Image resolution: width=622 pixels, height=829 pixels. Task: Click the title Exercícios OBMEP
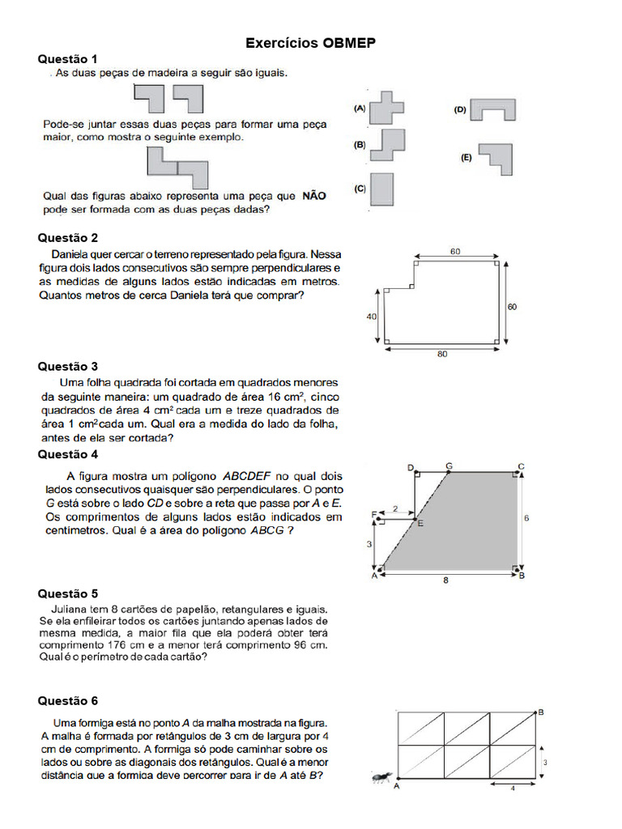(311, 43)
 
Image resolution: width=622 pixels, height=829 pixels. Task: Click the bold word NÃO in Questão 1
(313, 195)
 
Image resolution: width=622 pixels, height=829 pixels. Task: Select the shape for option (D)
(492, 110)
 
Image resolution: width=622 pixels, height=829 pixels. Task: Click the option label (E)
(466, 159)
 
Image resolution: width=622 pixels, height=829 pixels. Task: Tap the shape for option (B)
(387, 147)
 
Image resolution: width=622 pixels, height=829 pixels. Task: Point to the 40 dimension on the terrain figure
(372, 317)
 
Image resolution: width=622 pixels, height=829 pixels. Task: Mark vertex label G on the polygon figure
(449, 466)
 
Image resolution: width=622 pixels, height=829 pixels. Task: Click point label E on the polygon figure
(420, 524)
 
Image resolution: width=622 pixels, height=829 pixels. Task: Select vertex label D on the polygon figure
(411, 467)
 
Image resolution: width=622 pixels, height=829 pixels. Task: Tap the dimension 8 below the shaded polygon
(445, 580)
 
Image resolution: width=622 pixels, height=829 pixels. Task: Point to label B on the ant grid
(541, 712)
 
